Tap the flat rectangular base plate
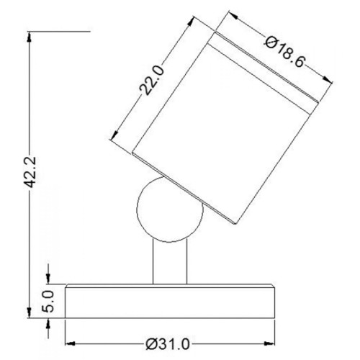coord(171,301)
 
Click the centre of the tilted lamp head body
coord(216,122)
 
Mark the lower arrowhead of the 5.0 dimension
coord(49,322)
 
